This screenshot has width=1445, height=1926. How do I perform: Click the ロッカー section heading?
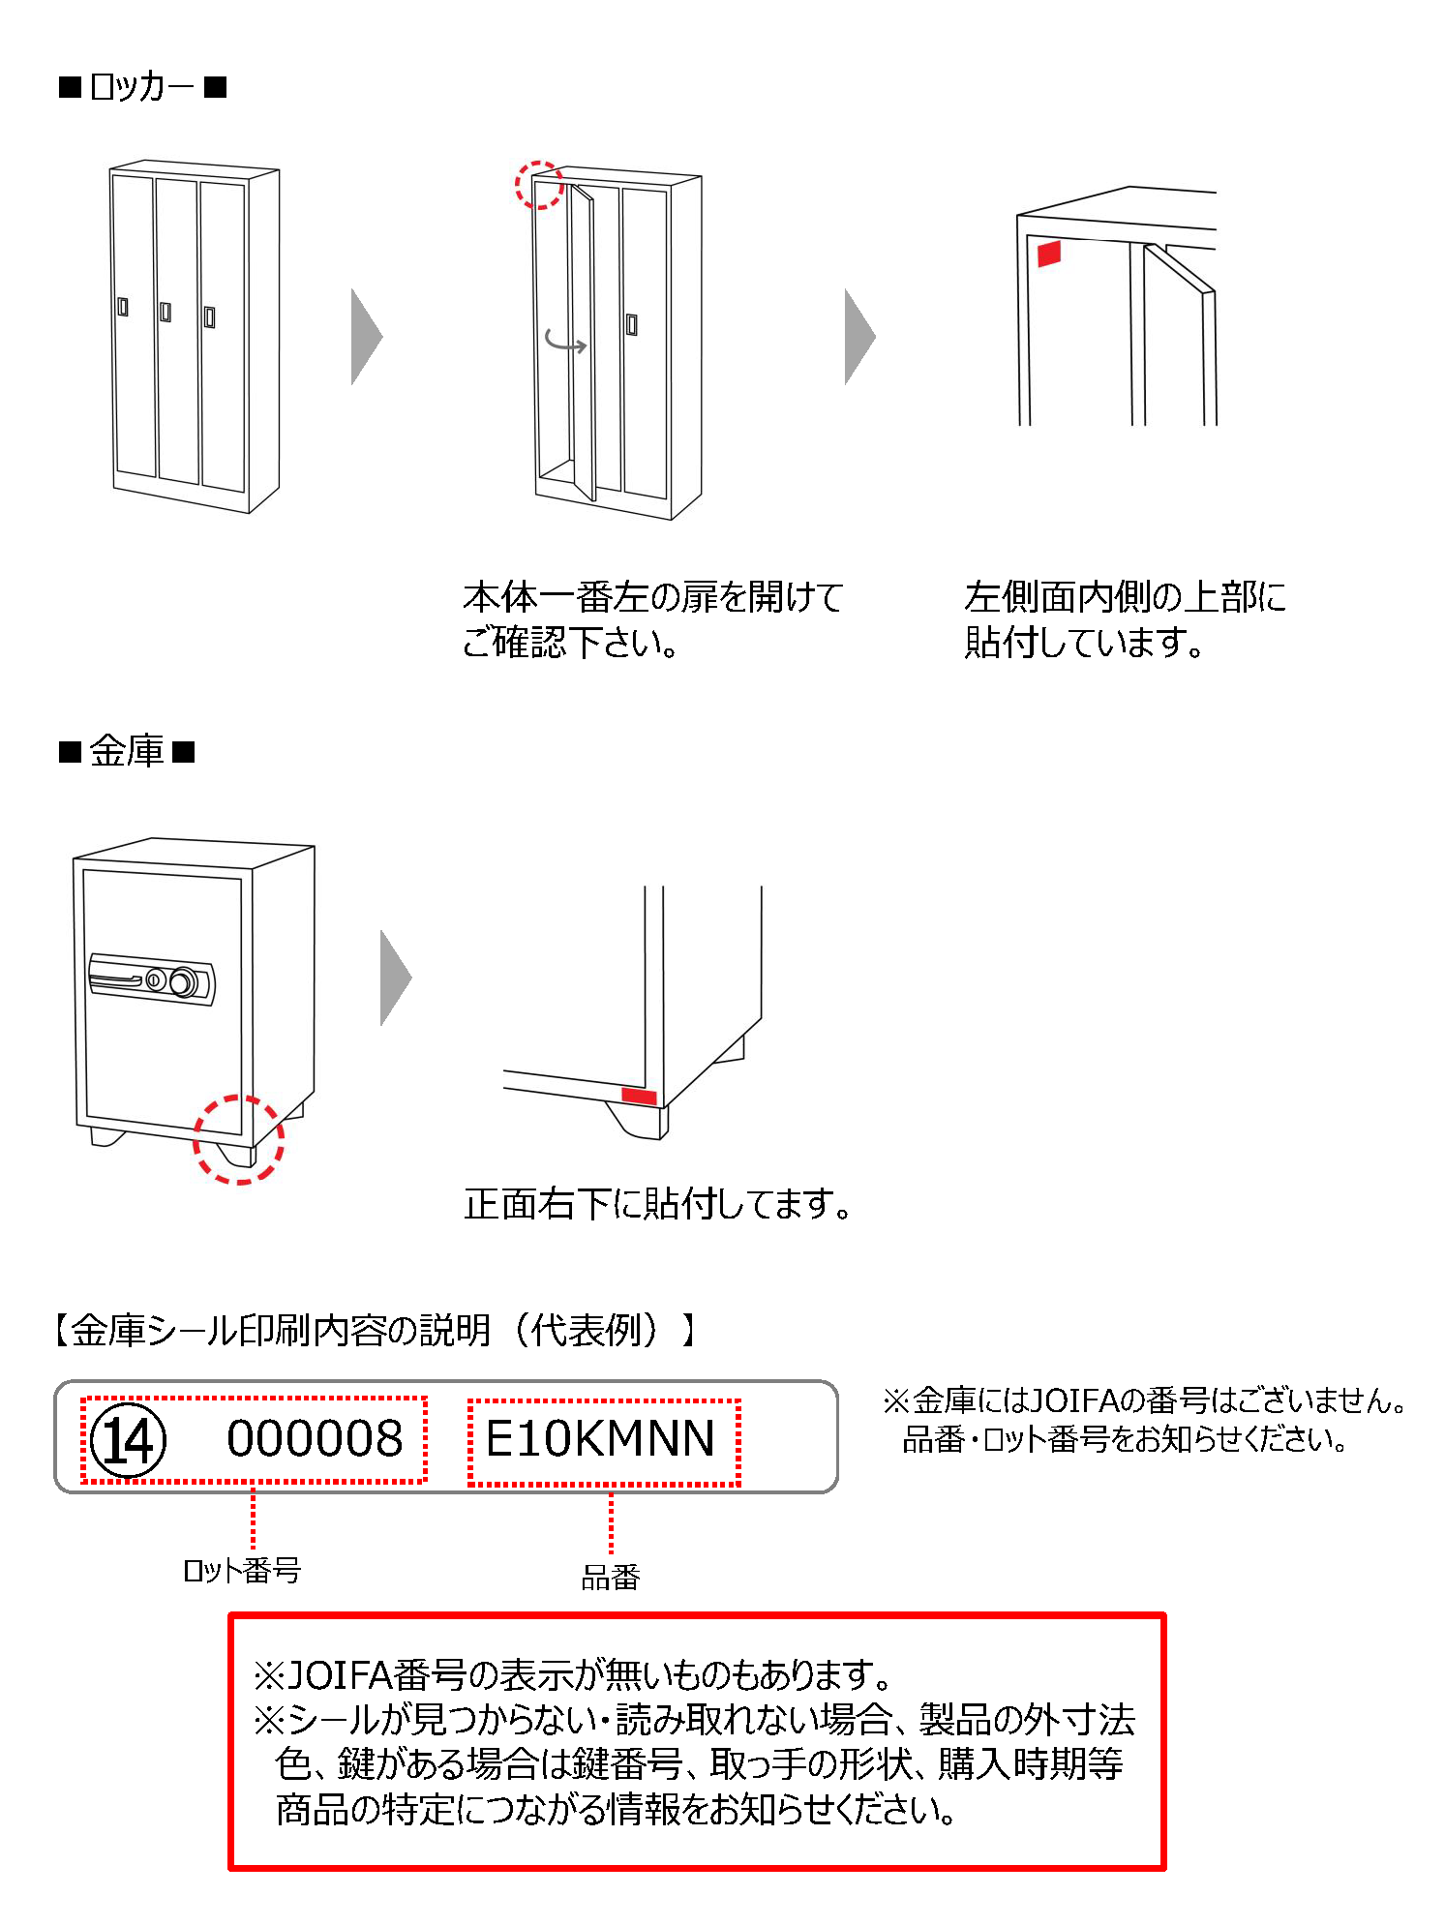tap(142, 88)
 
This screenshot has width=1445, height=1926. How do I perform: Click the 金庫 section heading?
tap(127, 751)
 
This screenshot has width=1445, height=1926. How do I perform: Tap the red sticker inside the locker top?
tap(1049, 254)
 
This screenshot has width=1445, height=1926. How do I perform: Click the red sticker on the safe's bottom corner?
tap(639, 1097)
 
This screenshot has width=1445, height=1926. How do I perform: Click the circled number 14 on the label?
tap(128, 1440)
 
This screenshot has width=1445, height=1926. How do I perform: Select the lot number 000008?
tap(315, 1439)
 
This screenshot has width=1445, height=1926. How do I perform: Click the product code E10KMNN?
tap(600, 1439)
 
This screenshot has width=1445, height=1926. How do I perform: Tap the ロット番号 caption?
tap(242, 1570)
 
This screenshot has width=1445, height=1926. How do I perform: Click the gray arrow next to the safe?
tap(396, 978)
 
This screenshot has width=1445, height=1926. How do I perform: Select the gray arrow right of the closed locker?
tap(367, 337)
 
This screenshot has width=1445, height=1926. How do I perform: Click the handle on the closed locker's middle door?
tap(166, 312)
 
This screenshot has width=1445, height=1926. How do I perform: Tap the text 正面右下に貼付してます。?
tap(658, 1204)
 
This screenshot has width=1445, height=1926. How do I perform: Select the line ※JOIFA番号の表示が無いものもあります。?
tap(573, 1673)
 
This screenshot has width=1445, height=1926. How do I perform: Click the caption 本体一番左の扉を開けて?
tap(653, 597)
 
